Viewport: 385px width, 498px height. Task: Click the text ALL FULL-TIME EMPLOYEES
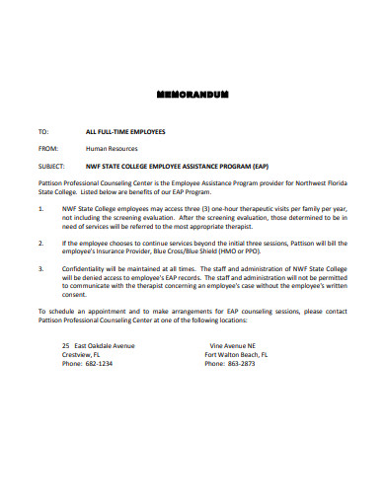point(125,131)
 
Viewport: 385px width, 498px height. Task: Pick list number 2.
point(40,242)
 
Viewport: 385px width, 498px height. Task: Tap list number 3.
point(40,266)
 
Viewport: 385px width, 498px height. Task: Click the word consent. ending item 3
point(75,293)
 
